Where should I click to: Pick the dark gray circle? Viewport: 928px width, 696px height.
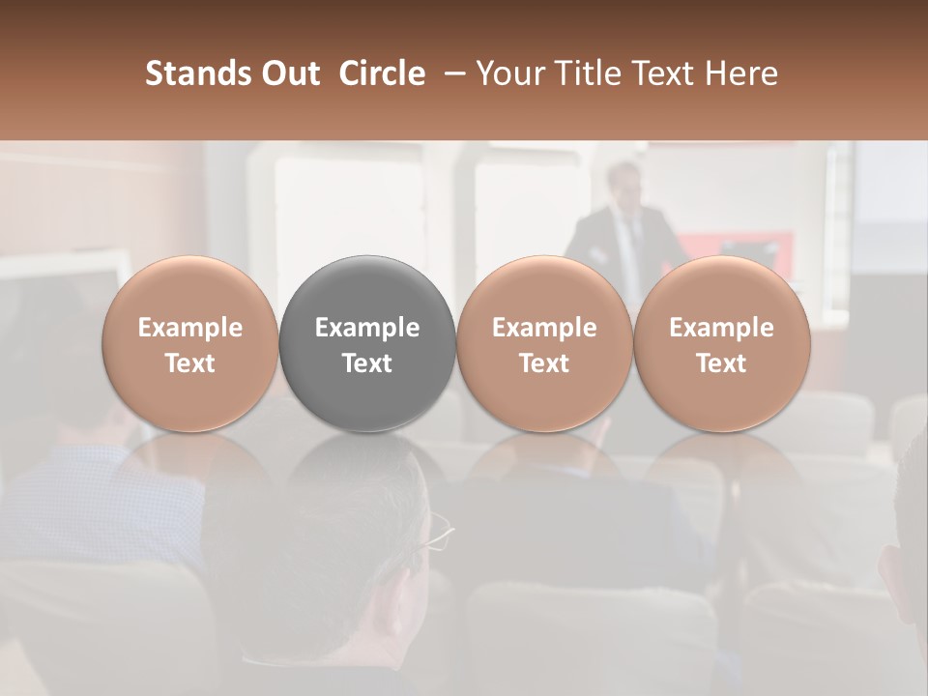(367, 344)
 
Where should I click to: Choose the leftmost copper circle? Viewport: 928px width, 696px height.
(190, 344)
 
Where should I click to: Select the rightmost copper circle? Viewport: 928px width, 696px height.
(721, 344)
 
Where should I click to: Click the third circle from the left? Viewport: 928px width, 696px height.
(544, 344)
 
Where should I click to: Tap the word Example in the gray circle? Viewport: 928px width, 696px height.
(367, 328)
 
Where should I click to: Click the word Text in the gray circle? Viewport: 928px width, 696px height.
(367, 363)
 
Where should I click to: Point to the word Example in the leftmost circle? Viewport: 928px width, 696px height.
(190, 328)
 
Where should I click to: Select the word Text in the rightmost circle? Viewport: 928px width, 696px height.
(721, 363)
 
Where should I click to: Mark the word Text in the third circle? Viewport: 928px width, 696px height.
(544, 363)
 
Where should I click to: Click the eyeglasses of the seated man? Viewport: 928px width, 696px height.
(438, 532)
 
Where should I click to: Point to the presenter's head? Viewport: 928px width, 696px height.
(623, 184)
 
